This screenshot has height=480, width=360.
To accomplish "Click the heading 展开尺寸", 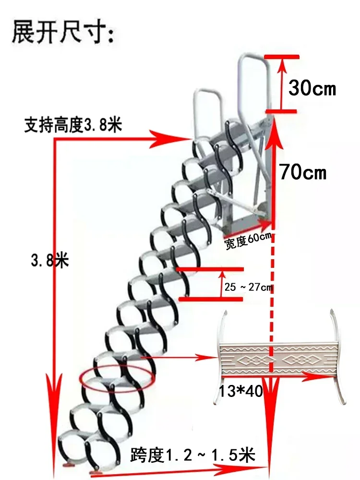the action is click(63, 32).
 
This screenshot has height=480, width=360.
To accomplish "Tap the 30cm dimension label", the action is click(312, 87).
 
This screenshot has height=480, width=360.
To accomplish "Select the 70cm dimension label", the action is click(303, 171).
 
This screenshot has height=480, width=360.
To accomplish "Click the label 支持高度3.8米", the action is click(73, 126).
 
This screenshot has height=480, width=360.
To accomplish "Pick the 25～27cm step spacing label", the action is click(248, 287).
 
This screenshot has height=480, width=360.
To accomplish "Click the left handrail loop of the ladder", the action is click(207, 103).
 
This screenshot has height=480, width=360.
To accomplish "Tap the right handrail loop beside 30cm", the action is click(253, 77).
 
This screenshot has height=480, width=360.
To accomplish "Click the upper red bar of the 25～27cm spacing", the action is click(210, 269).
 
